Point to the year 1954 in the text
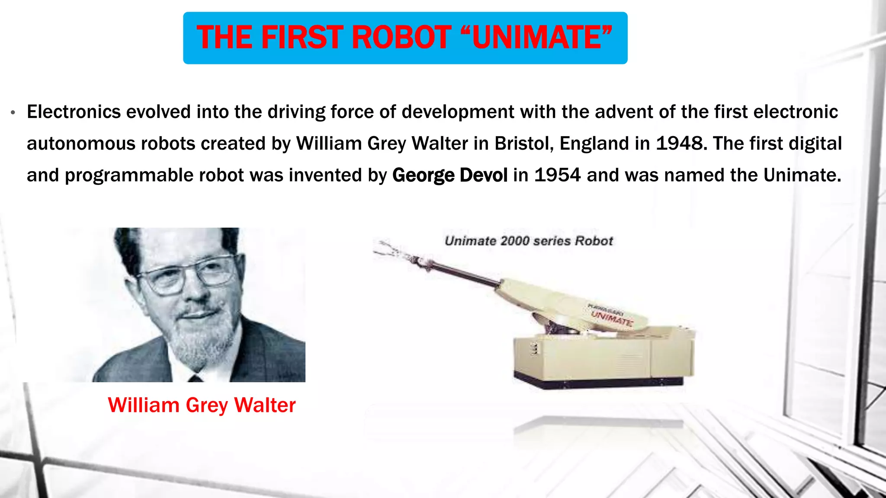tap(557, 175)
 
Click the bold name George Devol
tap(449, 175)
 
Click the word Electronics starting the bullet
tap(74, 112)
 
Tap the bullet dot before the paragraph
tap(13, 113)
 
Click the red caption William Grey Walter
tap(202, 405)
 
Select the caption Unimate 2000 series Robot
tap(529, 241)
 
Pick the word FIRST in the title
tap(302, 38)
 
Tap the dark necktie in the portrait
tap(196, 378)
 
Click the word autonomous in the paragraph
tap(81, 144)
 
